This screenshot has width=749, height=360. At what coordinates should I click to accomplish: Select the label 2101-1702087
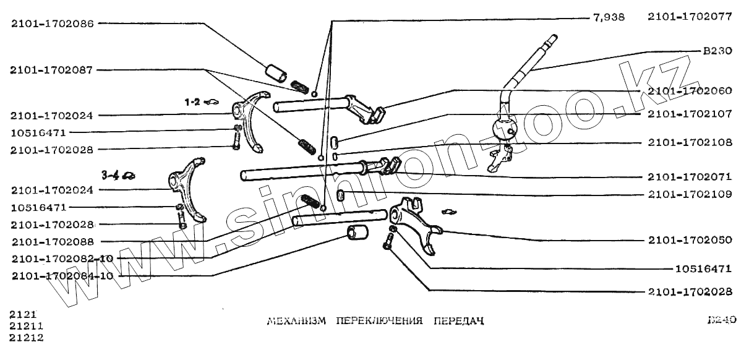pyautogui.click(x=52, y=70)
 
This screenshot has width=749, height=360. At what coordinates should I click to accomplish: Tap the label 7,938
pyautogui.click(x=609, y=18)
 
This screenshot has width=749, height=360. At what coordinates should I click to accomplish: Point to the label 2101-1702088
pyautogui.click(x=52, y=241)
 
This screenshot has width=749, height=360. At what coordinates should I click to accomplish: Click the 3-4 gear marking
pyautogui.click(x=111, y=175)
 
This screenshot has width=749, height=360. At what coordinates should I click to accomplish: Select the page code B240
pyautogui.click(x=719, y=320)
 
